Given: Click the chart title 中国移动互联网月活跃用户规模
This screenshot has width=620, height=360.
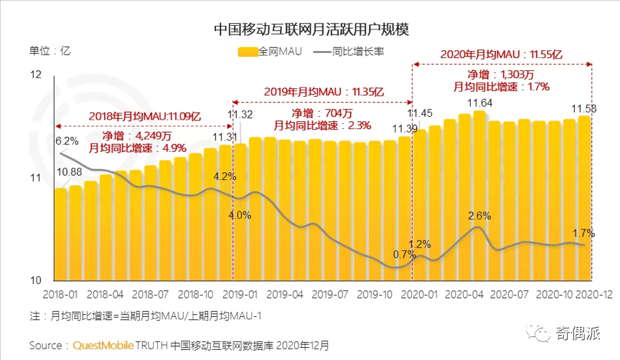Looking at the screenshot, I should click(311, 29).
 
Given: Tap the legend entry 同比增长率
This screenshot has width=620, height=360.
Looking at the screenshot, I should click(362, 51).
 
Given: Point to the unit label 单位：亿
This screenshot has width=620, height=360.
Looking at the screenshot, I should click(50, 51).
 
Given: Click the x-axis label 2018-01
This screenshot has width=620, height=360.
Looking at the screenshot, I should click(60, 295).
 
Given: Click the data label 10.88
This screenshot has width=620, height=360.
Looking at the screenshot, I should click(69, 171).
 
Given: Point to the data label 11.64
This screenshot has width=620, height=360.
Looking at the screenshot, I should click(479, 104).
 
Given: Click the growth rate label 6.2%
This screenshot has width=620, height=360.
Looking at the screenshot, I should click(67, 141).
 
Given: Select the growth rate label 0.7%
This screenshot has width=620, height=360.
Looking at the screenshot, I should click(404, 255).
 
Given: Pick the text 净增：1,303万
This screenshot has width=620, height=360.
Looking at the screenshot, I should click(502, 74).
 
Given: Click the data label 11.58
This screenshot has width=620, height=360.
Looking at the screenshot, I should click(584, 108).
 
